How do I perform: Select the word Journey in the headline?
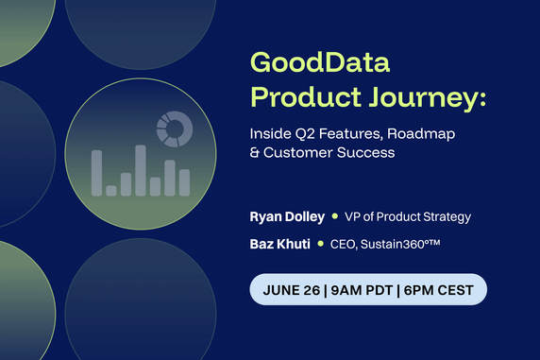tap(416, 96)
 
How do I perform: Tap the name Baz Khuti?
tap(278, 245)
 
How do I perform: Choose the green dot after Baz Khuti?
tap(319, 245)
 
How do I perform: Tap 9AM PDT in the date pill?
tap(362, 289)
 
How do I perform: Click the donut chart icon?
tap(174, 129)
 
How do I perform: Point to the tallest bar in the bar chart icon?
tap(141, 170)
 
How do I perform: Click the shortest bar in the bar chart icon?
tap(111, 190)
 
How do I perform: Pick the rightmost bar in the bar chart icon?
tap(184, 182)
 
